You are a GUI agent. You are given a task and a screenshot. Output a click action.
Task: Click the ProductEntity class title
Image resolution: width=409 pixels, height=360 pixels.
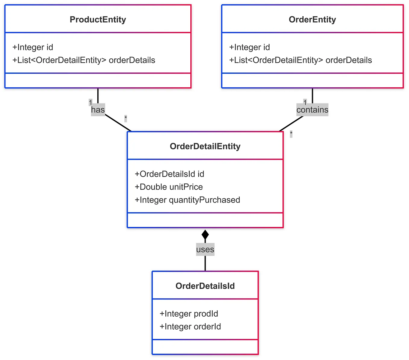coord(98,20)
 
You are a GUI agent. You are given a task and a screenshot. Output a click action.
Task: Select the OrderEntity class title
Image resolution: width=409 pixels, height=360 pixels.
coord(312,20)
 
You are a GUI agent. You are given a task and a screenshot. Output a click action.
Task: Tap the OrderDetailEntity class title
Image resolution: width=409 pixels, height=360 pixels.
coord(205,146)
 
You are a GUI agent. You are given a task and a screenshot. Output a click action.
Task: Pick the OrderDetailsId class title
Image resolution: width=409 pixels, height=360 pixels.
coord(205,286)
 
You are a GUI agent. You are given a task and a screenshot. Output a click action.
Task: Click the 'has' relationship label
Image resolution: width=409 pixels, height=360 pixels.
coord(98,110)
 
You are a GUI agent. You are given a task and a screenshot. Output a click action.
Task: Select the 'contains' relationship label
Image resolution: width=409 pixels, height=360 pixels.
coord(312,110)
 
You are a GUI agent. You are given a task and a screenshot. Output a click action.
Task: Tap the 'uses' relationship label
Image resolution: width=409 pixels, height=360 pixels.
coord(205,250)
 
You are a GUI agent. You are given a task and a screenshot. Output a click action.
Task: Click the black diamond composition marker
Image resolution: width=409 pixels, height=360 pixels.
coord(205,235)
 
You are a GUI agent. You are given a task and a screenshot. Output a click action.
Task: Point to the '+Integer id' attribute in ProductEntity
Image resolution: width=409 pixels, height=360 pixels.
coord(33,47)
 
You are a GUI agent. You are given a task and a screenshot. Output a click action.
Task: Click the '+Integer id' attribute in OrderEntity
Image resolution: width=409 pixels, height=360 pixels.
coord(249,47)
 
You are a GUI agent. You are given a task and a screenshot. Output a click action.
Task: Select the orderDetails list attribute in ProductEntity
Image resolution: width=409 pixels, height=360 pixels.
coord(84,60)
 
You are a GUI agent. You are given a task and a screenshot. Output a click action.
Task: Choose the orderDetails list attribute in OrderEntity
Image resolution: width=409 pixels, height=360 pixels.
coord(301,60)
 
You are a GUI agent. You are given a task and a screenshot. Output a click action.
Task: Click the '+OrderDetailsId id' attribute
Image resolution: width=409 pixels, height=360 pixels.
coord(169,174)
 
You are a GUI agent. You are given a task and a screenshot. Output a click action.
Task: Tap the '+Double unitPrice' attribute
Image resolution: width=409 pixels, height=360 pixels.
coord(169,187)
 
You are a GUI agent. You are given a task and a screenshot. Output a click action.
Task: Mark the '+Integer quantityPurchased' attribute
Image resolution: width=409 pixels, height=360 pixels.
coord(187,200)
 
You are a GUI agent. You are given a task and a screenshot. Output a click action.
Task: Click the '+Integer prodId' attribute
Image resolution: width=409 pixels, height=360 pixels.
coord(189,314)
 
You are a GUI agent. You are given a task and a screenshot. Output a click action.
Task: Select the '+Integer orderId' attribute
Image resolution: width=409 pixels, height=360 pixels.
coord(190,327)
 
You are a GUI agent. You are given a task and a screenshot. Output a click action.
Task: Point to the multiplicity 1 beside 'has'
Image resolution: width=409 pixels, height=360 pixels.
coord(90,102)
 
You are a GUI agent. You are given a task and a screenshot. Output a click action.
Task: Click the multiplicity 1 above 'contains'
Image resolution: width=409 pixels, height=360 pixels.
coord(305,102)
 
